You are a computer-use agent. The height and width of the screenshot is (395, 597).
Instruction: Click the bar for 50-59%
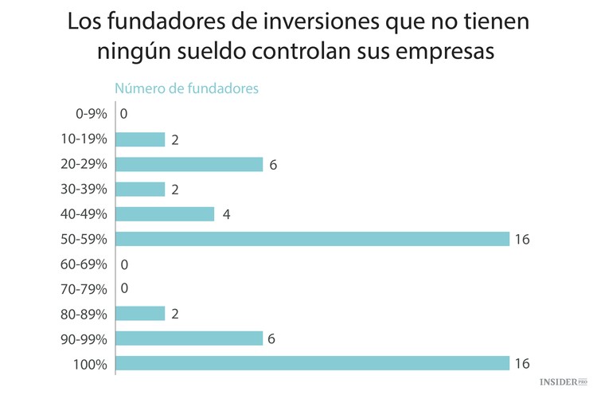pyautogui.click(x=312, y=239)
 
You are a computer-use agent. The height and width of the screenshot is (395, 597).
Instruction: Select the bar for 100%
pyautogui.click(x=312, y=363)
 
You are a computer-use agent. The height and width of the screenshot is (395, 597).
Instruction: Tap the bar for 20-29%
pyautogui.click(x=189, y=164)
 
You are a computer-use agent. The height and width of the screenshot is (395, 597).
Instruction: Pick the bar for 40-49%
pyautogui.click(x=165, y=214)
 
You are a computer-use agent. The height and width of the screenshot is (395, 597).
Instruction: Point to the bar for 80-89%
pyautogui.click(x=140, y=314)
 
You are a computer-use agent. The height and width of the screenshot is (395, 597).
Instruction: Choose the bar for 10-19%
pyautogui.click(x=140, y=139)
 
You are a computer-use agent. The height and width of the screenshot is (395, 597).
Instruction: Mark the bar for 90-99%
pyautogui.click(x=189, y=338)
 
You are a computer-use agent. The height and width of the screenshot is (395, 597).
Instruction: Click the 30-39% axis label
pyautogui.click(x=84, y=190)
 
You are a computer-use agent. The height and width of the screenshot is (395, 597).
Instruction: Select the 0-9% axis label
pyautogui.click(x=91, y=115)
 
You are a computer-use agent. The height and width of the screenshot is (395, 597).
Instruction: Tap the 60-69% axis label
pyautogui.click(x=84, y=264)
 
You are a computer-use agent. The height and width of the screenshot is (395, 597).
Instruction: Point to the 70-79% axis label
pyautogui.click(x=84, y=288)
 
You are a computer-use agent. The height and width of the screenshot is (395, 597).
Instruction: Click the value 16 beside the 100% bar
pyautogui.click(x=522, y=364)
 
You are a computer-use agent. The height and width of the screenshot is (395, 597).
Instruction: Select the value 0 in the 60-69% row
pyautogui.click(x=124, y=264)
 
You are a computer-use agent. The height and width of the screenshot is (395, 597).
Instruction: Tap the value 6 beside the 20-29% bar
pyautogui.click(x=272, y=165)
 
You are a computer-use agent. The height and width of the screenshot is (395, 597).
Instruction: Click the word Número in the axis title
pyautogui.click(x=140, y=89)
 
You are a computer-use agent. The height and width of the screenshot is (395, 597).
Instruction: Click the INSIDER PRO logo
pyautogui.click(x=563, y=383)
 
